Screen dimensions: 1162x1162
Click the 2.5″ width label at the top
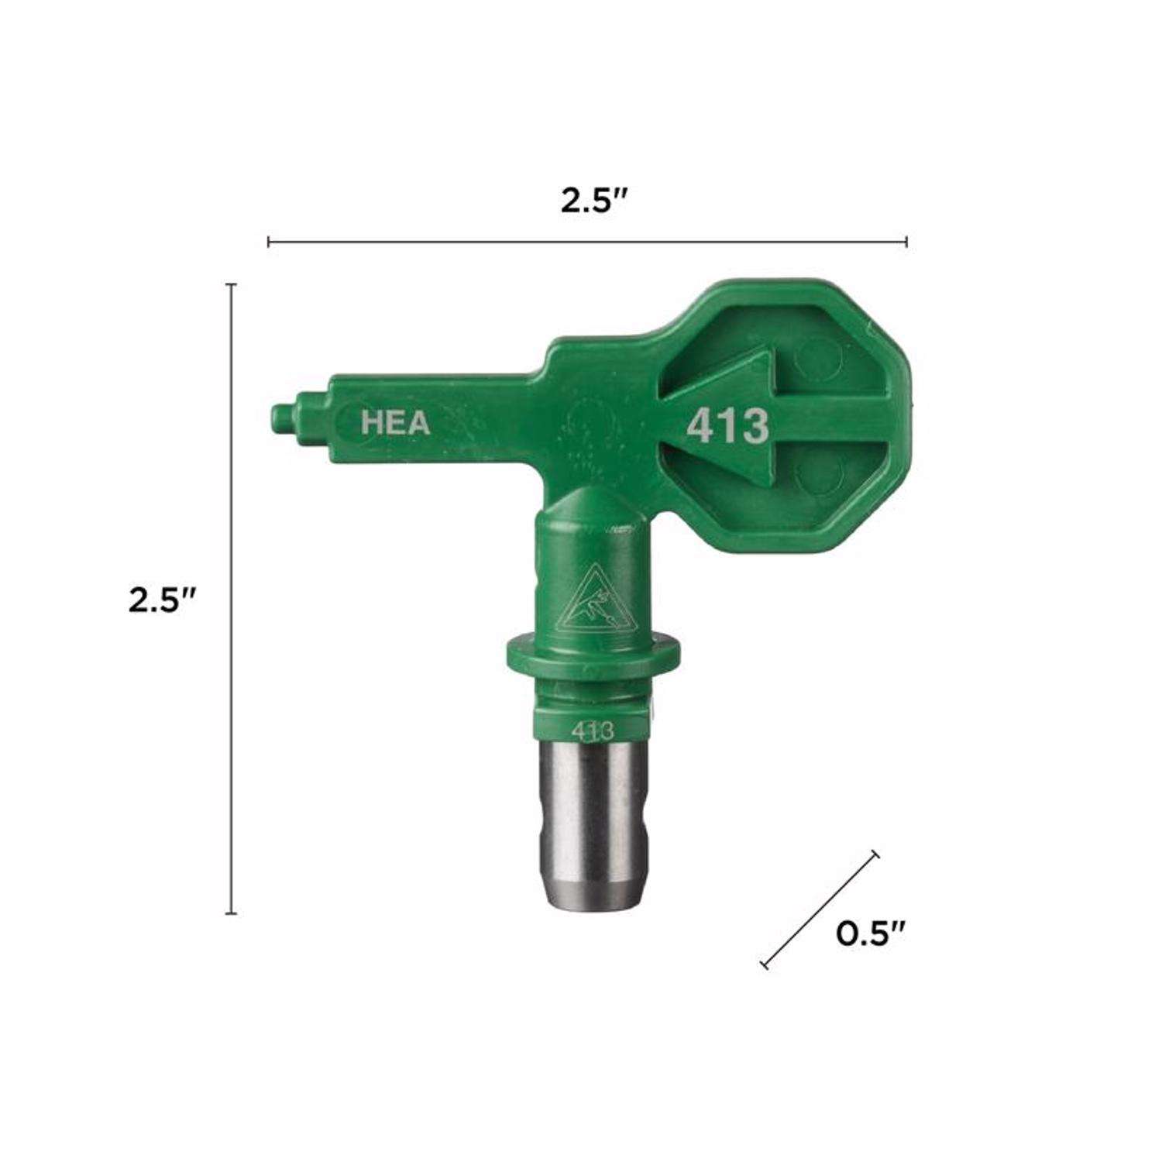pos(593,201)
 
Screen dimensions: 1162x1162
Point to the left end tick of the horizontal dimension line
pos(268,242)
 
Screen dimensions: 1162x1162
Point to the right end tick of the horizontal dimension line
pos(906,242)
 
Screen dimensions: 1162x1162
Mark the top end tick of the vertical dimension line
pos(230,285)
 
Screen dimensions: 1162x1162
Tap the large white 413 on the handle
pos(728,425)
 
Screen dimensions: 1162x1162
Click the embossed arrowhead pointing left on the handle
pos(717,422)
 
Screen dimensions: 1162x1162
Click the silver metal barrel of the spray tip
pos(590,821)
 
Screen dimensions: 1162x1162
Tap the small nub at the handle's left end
pos(282,419)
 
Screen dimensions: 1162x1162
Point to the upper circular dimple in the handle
pos(818,356)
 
